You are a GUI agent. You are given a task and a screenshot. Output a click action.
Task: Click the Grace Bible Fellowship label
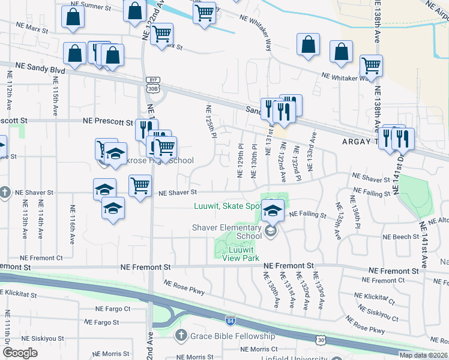pyautogui.click(x=233, y=335)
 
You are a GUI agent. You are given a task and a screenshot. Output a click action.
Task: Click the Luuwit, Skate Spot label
pyautogui.click(x=227, y=206)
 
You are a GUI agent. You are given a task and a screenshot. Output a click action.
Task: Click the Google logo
pyautogui.click(x=20, y=353)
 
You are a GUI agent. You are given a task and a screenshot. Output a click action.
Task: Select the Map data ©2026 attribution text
pyautogui.click(x=423, y=355)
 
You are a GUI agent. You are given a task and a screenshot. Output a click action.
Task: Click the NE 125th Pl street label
pyautogui.click(x=210, y=122)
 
